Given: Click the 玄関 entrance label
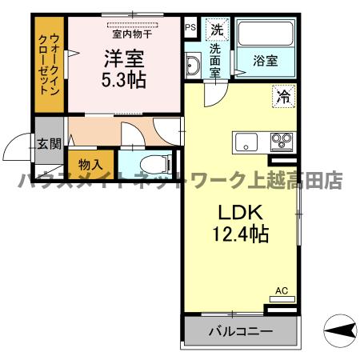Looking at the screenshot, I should tap(48, 145).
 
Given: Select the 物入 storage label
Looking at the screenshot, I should tap(90, 164).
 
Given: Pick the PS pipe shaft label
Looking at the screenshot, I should tap(190, 27).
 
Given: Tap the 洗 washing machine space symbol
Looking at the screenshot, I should tap(216, 30).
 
